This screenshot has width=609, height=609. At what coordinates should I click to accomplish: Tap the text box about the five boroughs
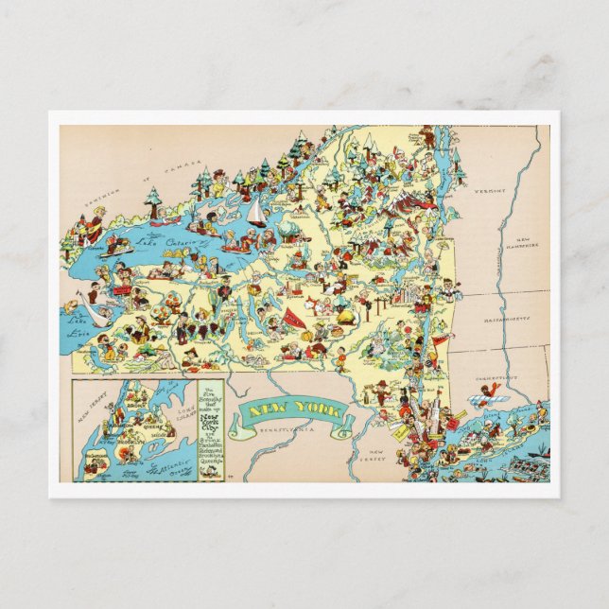(214, 429)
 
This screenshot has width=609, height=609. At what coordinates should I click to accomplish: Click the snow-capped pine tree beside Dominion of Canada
(152, 200)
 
